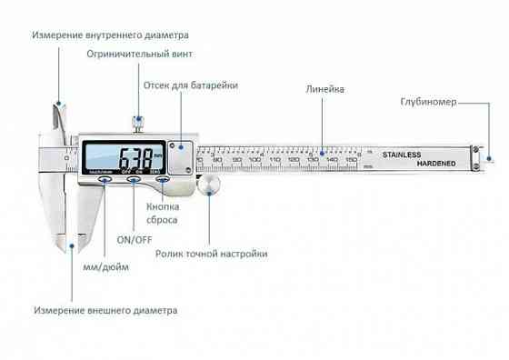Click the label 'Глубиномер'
[x=428, y=102]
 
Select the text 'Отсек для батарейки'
[x=191, y=85]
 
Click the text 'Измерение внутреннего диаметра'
[x=110, y=35]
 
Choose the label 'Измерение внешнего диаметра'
[x=105, y=310]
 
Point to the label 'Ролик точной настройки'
[x=212, y=255]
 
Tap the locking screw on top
[x=139, y=122]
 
